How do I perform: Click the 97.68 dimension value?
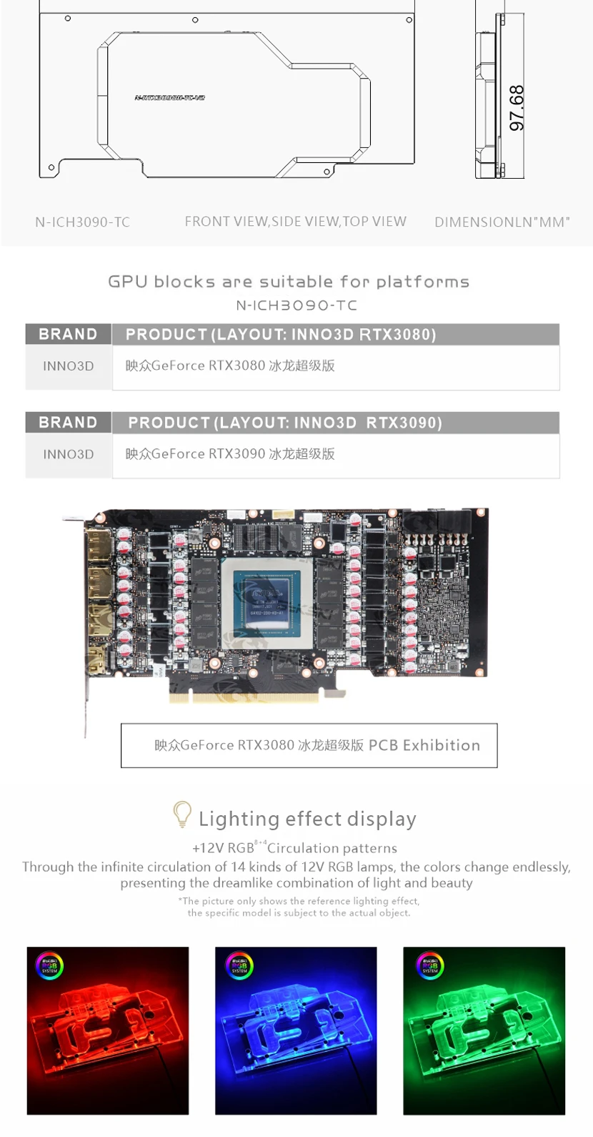tap(517, 108)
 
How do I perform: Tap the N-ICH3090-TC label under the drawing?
tap(83, 222)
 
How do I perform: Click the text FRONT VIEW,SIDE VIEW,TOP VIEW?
tap(295, 222)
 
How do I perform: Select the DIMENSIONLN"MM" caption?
tap(502, 222)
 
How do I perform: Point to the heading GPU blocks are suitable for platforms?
tap(289, 282)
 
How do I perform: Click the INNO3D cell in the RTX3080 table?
tap(69, 366)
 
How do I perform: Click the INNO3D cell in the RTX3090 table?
tap(69, 454)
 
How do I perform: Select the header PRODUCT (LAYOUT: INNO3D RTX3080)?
tap(281, 335)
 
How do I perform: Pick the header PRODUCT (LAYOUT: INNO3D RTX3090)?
tap(285, 423)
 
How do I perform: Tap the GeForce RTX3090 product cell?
tap(230, 454)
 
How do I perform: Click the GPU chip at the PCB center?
tap(266, 603)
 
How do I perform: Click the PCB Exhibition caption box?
tap(309, 746)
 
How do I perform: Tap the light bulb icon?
tap(182, 814)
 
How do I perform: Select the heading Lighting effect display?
tap(307, 819)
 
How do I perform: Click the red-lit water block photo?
tap(108, 1030)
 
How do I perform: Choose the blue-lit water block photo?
tap(296, 1030)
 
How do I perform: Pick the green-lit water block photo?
tap(484, 1030)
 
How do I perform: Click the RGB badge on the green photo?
tap(430, 967)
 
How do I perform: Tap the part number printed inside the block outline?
tap(169, 97)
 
